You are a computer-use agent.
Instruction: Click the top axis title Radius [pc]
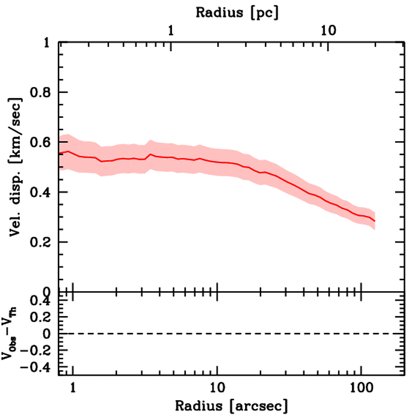(237, 12)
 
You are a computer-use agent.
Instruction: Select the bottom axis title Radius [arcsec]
(231, 406)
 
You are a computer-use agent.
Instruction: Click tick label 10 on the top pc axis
(328, 30)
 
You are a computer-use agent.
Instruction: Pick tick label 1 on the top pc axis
(171, 30)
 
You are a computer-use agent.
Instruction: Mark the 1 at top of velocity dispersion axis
(48, 43)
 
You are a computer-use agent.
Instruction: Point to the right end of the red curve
(374, 221)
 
